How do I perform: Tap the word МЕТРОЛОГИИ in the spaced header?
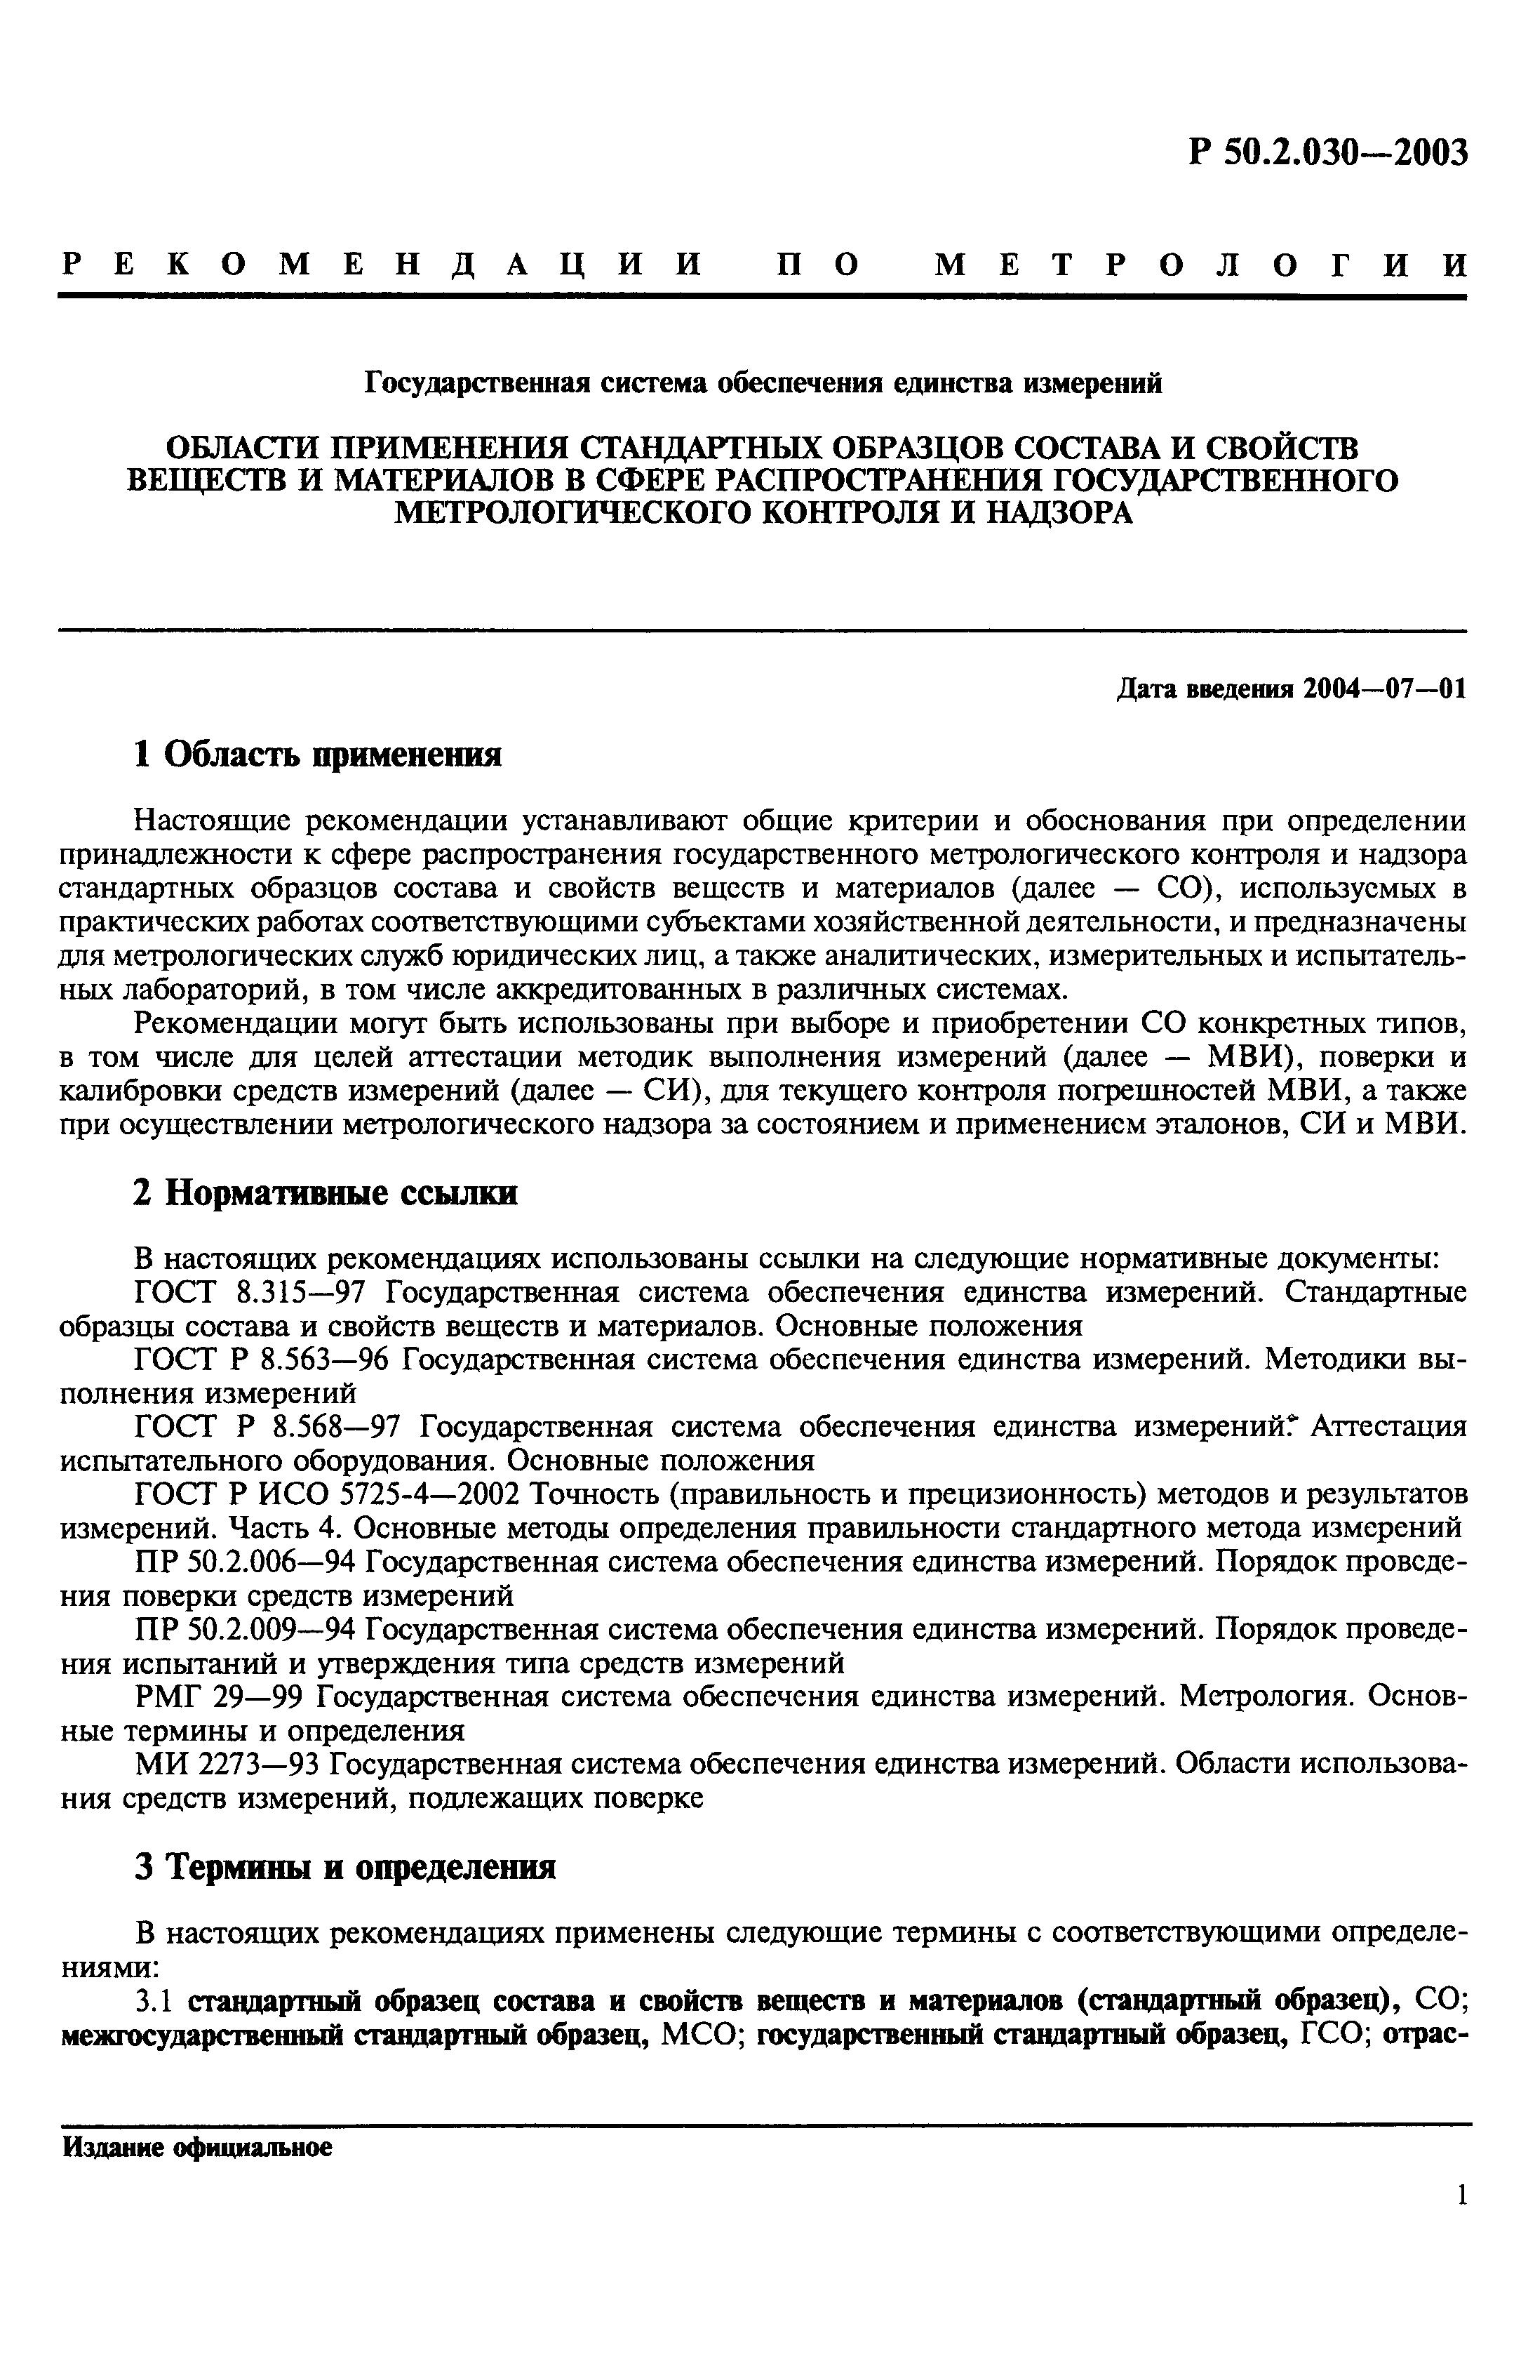(x=1200, y=265)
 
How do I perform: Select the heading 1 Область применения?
(x=317, y=755)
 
